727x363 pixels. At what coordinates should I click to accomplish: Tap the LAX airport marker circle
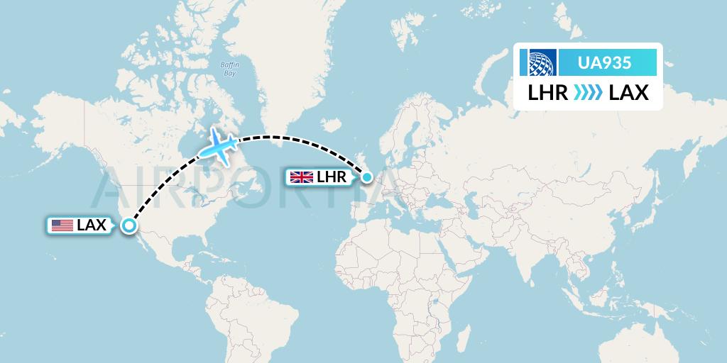pos(129,225)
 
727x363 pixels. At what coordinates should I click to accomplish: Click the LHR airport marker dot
pos(366,177)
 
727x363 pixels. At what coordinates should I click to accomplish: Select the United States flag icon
pos(62,225)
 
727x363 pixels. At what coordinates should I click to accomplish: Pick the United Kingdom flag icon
pos(302,177)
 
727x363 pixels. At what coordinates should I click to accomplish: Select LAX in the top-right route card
pos(628,93)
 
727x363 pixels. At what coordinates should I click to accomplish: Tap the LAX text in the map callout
pos(92,225)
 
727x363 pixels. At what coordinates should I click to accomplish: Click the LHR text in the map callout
pos(332,177)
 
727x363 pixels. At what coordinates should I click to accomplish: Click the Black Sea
pos(430,201)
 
